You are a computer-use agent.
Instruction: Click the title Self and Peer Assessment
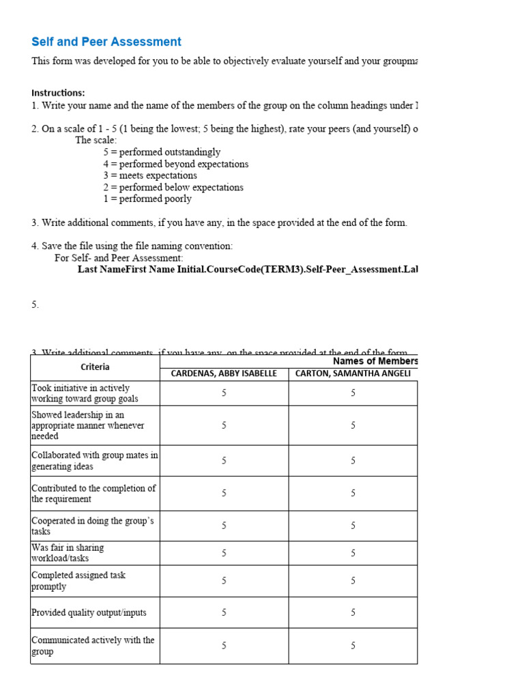tap(106, 42)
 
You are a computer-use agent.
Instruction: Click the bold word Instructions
tap(59, 93)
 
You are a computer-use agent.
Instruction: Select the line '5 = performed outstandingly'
tap(162, 152)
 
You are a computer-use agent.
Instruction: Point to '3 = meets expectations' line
tap(150, 175)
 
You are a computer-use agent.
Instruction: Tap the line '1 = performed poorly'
tap(147, 199)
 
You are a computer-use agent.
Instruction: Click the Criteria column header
tap(95, 367)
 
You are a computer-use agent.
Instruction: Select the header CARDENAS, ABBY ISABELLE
tap(224, 373)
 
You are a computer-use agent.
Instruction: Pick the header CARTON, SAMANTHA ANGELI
tap(353, 373)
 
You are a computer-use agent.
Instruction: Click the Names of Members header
tap(375, 361)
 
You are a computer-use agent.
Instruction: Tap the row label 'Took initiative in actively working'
tap(85, 393)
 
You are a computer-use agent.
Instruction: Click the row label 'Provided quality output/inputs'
tap(89, 612)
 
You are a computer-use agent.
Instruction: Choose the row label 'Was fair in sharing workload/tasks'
tap(68, 553)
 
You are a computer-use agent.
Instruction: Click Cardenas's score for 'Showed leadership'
tap(224, 425)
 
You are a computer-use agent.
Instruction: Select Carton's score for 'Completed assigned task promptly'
tap(353, 581)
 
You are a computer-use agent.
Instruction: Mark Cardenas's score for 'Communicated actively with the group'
tap(224, 646)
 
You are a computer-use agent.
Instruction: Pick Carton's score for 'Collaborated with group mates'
tap(353, 461)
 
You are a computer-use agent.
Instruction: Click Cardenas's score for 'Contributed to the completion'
tap(224, 494)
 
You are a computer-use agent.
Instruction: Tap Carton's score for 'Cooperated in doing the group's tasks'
tap(353, 526)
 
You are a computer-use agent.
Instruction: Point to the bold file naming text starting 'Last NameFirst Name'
tap(247, 270)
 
